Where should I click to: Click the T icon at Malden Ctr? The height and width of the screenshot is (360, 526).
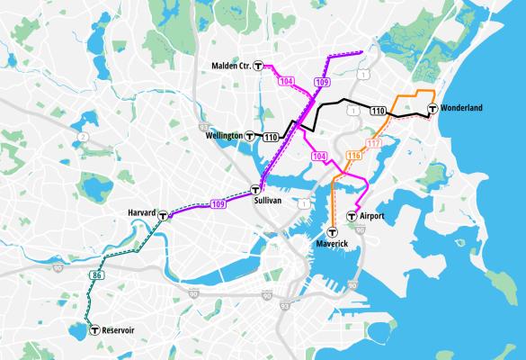[259, 66]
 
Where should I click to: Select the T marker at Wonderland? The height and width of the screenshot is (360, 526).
[433, 109]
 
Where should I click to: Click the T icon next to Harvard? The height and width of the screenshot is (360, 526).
[163, 216]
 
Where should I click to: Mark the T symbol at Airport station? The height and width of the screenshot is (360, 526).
[352, 216]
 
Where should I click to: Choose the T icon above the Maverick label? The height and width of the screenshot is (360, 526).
[333, 231]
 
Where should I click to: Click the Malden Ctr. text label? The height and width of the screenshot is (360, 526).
[231, 66]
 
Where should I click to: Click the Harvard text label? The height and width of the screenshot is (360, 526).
[141, 212]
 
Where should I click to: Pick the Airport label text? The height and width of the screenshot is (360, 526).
[371, 217]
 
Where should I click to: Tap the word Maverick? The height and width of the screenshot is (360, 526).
[333, 244]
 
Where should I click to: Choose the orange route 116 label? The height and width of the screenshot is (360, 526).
[353, 157]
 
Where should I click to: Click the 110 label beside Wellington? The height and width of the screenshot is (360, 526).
[272, 137]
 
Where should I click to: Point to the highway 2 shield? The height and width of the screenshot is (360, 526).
[83, 136]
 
